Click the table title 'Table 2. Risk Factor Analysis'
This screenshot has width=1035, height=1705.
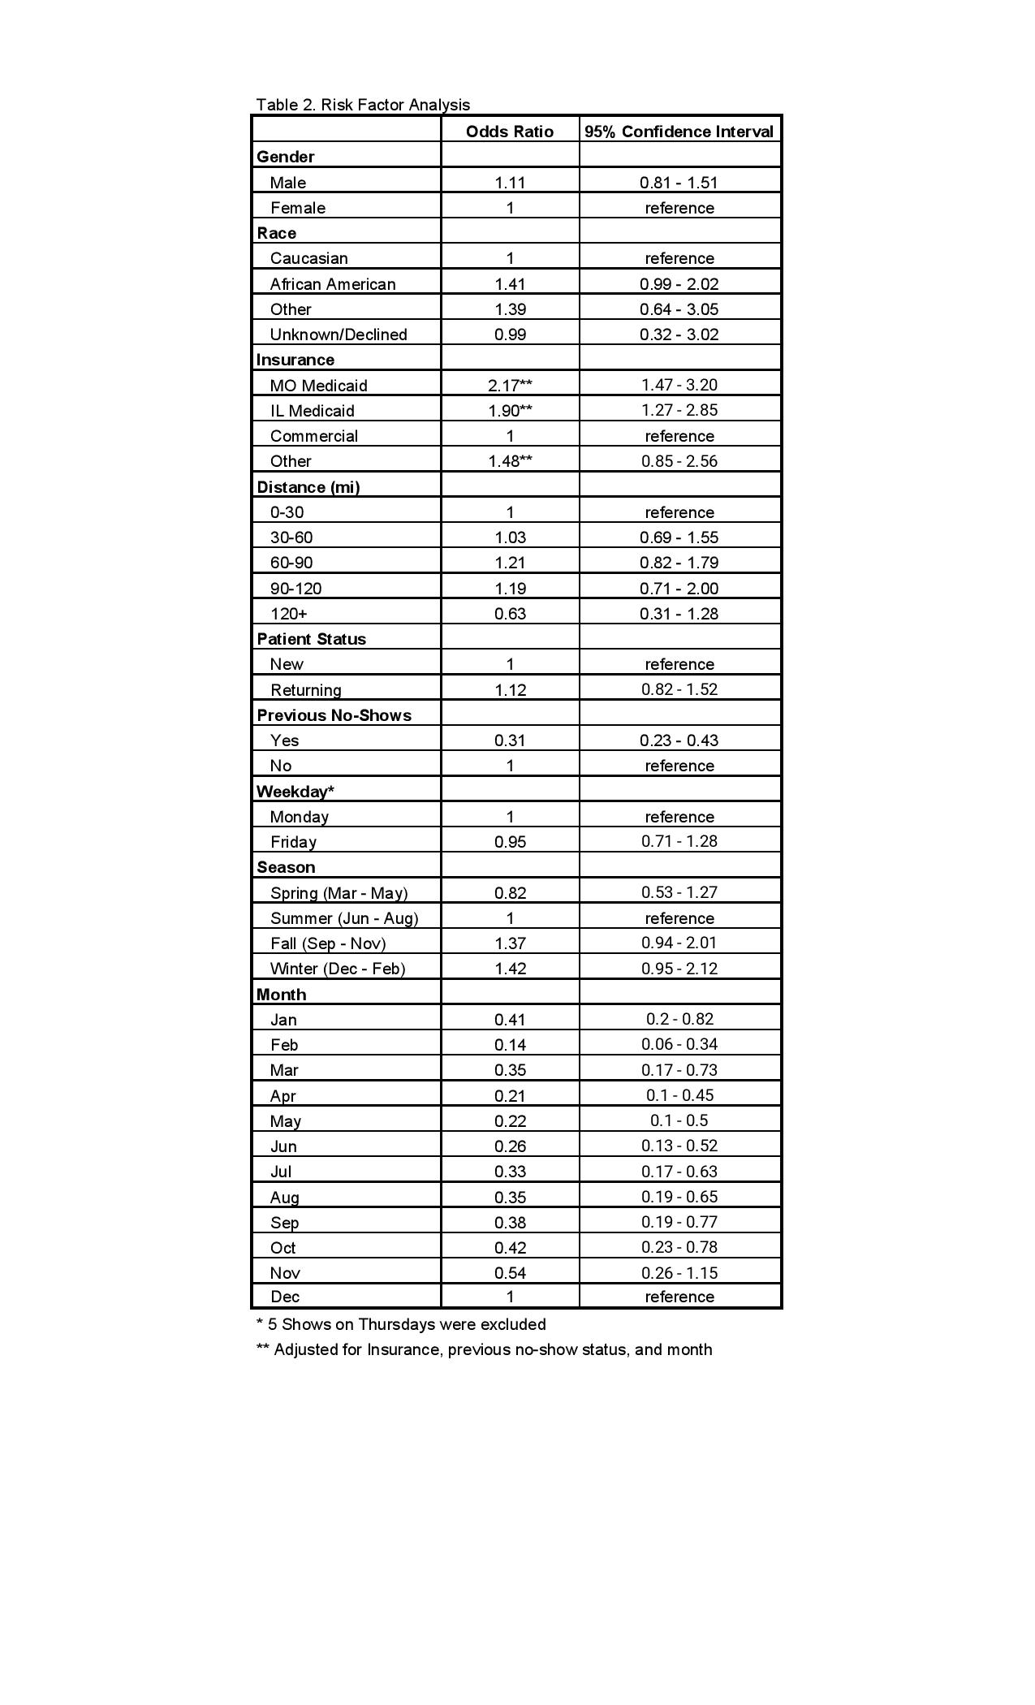tap(363, 105)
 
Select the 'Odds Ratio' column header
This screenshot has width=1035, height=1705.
tap(510, 132)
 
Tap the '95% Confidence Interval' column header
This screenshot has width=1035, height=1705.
tap(679, 132)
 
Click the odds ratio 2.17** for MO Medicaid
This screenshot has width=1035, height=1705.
tap(510, 386)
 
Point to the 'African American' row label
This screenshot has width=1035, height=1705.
tap(333, 284)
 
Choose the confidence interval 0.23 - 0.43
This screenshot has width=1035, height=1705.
tap(679, 740)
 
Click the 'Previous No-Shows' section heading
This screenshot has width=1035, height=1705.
tap(334, 715)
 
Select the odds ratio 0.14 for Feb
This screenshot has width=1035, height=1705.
tap(510, 1045)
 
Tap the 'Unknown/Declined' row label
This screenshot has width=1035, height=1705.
tap(339, 335)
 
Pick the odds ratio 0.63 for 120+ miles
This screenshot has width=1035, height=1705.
tap(510, 614)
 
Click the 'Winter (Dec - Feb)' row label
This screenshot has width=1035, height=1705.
tap(338, 969)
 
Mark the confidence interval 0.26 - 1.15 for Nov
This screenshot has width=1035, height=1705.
tap(679, 1273)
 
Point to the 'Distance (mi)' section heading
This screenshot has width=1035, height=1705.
tap(308, 487)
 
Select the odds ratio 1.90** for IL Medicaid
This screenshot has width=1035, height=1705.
tap(510, 411)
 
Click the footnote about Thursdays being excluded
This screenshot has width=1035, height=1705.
tap(401, 1324)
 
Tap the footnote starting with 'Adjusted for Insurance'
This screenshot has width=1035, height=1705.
tap(485, 1349)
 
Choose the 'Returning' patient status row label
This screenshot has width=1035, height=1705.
tap(306, 690)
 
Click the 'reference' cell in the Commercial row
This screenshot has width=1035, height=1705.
tap(679, 436)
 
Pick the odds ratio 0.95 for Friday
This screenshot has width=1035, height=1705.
tap(510, 842)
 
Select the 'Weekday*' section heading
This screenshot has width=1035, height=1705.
tap(295, 792)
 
